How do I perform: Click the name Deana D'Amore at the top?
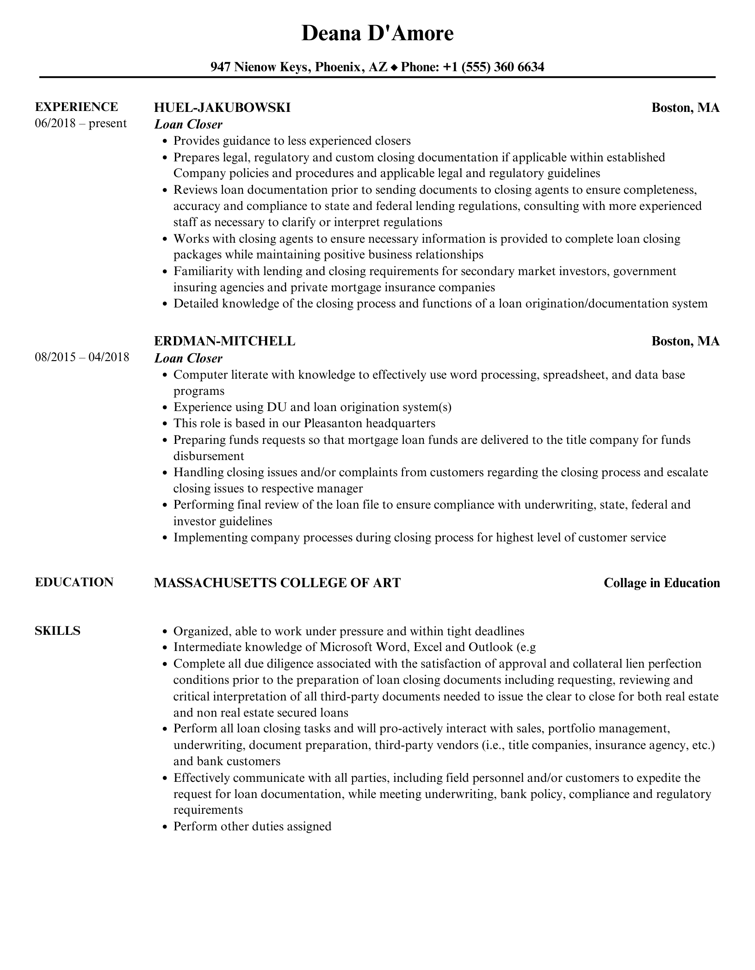click(x=377, y=33)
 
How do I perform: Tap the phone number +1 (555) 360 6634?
click(x=493, y=67)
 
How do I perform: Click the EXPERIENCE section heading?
click(x=76, y=107)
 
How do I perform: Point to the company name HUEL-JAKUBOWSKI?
click(x=222, y=107)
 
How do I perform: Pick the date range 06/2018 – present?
click(x=80, y=123)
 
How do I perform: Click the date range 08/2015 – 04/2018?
click(x=82, y=357)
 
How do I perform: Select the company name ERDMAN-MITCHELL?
click(x=224, y=341)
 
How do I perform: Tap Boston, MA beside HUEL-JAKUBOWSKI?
click(x=685, y=107)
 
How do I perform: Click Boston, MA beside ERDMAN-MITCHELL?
click(x=685, y=341)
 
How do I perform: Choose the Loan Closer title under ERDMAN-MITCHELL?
click(x=188, y=358)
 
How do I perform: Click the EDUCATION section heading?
click(x=74, y=582)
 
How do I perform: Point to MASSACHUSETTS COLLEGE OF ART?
click(x=277, y=583)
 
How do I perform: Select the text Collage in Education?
click(x=662, y=583)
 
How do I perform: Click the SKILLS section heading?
click(x=57, y=631)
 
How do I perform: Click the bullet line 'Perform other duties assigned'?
click(x=252, y=826)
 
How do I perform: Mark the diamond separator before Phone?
click(x=394, y=68)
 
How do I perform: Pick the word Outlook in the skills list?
click(x=490, y=647)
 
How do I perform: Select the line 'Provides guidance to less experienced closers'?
click(x=291, y=141)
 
